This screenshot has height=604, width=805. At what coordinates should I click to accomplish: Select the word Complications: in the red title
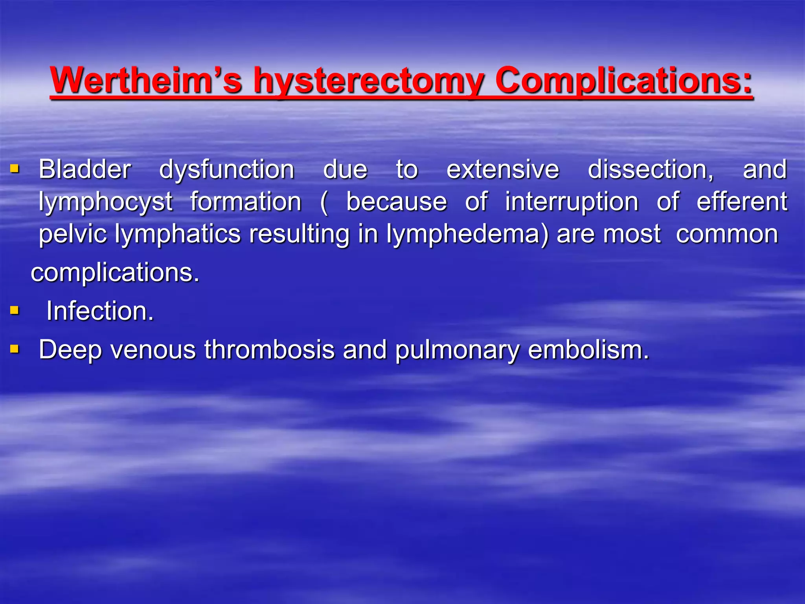tap(624, 81)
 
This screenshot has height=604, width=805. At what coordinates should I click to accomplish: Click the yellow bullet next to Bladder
tap(15, 169)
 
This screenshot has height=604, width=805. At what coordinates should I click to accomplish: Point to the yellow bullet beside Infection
tap(15, 311)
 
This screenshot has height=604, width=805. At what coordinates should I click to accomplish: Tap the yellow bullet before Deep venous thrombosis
tap(15, 349)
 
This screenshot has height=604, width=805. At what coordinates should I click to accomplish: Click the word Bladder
tap(85, 169)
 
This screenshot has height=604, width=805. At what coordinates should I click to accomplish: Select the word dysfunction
tap(227, 170)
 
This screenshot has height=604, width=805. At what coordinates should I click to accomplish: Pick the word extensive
tap(503, 169)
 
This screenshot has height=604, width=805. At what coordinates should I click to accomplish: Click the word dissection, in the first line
tap(651, 170)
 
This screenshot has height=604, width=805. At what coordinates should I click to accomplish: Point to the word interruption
tap(572, 202)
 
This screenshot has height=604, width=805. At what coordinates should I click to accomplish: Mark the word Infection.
tap(100, 311)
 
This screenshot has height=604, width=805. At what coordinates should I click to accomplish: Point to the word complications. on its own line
tap(115, 273)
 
